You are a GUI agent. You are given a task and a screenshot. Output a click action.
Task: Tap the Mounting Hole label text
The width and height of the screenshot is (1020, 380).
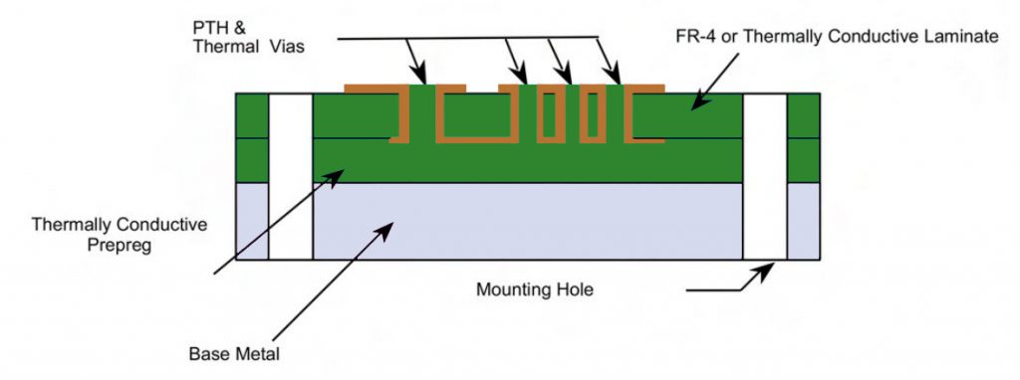point(533,290)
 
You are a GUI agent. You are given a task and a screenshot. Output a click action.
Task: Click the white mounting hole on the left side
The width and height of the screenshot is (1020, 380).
point(291,176)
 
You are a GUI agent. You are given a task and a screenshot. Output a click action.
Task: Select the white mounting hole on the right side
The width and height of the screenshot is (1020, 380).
point(765,176)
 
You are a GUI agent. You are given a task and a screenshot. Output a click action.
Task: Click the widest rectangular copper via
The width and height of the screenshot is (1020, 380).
point(474,115)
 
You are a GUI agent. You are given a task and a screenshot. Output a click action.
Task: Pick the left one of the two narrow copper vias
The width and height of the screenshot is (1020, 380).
point(551,115)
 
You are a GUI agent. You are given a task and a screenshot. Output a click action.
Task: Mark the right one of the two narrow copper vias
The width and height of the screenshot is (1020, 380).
point(594,115)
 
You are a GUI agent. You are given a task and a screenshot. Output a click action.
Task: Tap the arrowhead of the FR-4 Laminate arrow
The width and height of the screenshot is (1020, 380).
point(697,101)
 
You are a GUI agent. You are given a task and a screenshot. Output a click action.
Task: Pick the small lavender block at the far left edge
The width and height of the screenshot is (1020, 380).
point(252,221)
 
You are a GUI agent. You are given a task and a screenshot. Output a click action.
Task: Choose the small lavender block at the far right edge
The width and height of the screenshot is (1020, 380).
point(804,221)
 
